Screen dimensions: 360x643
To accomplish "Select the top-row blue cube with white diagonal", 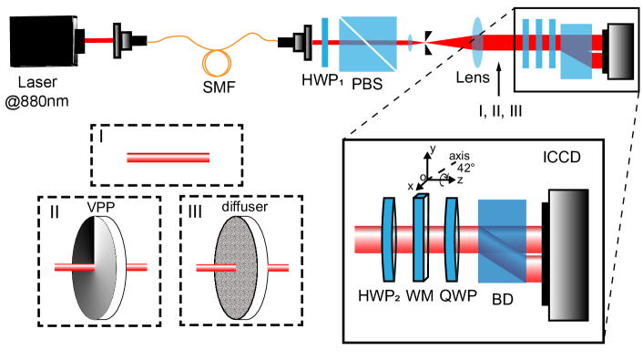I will click(x=368, y=44).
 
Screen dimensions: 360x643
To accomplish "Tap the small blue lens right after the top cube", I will click(x=410, y=43).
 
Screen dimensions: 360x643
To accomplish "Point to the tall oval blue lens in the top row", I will click(x=477, y=43).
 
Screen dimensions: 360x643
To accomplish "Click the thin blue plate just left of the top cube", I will click(x=325, y=43).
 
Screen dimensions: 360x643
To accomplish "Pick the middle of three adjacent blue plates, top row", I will click(x=539, y=43).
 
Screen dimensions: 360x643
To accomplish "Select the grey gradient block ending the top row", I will click(x=620, y=51).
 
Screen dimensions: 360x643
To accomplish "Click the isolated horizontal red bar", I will click(x=168, y=158).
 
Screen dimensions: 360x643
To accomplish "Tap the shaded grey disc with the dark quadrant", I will click(x=94, y=269).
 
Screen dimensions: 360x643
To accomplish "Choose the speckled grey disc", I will click(x=235, y=268).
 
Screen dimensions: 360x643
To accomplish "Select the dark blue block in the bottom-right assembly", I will click(x=502, y=241).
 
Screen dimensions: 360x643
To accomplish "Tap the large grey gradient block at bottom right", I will click(x=567, y=255).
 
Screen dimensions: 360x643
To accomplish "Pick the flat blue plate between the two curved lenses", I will click(x=419, y=239).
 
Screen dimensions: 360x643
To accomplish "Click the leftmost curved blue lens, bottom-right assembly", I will click(x=389, y=240).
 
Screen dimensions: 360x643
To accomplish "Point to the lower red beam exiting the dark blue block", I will click(x=534, y=269).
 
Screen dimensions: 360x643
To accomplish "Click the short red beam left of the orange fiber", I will click(x=98, y=41).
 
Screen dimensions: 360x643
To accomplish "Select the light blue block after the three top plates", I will click(x=576, y=52).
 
